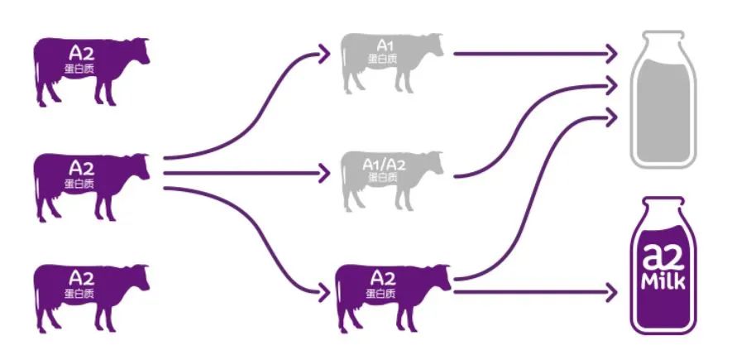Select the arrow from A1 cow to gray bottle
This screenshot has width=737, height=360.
point(529,55)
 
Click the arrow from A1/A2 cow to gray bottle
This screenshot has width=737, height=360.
point(529,124)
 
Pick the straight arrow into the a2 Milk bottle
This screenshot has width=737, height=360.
point(538,291)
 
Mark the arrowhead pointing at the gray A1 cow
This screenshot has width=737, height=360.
point(323,55)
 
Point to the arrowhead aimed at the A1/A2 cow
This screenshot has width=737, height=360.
point(323,173)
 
